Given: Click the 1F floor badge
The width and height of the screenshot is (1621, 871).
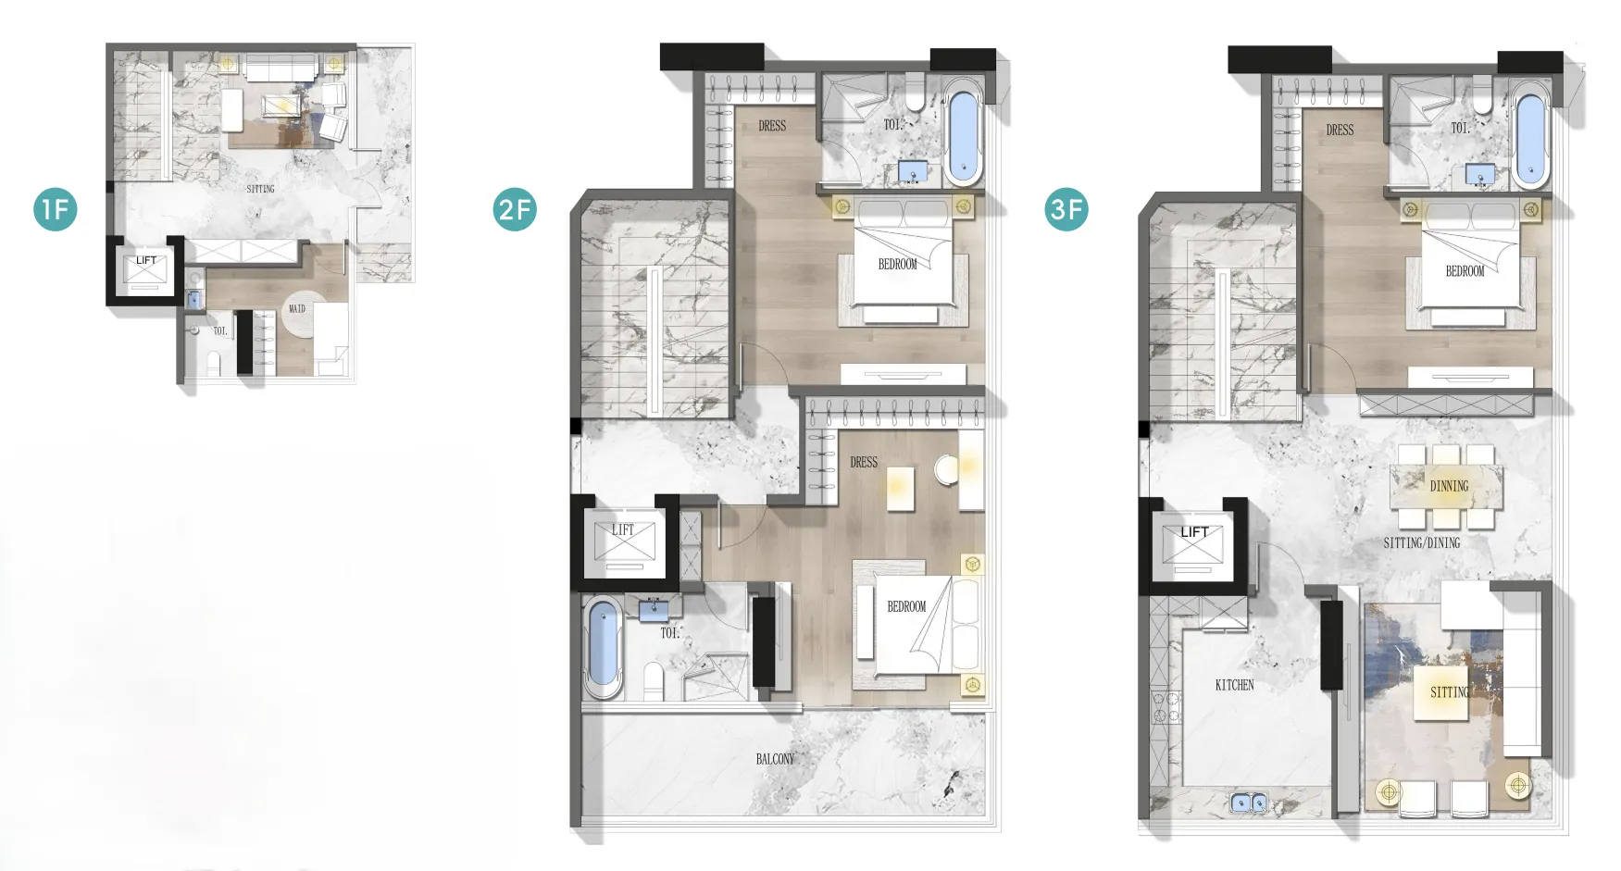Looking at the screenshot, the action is coord(56,209).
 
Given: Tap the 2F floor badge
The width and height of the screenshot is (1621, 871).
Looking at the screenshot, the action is coord(515,209).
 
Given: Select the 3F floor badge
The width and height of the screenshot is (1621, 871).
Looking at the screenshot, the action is coord(1066,209).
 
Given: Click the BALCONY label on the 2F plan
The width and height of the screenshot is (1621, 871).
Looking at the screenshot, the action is coord(775,759).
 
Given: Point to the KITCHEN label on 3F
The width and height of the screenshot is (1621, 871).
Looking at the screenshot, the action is coord(1234,685).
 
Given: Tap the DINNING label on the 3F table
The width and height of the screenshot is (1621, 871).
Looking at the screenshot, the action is coord(1449,486).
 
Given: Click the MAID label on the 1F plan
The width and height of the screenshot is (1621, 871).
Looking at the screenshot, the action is coord(297,308).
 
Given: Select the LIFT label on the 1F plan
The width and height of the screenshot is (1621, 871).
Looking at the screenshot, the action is coord(146,261).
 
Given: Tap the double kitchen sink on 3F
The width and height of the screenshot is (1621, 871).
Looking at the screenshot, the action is coord(1249,803).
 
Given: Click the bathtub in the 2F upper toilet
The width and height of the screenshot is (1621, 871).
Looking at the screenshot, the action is coord(964,132).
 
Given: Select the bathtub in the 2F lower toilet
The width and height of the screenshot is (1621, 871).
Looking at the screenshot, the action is coord(603,647).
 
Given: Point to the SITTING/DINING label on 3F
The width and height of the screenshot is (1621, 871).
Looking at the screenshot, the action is coord(1422,542).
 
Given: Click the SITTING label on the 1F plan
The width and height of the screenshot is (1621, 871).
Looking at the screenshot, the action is coord(260,189).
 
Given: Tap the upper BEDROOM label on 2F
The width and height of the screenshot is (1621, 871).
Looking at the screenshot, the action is coord(897,264).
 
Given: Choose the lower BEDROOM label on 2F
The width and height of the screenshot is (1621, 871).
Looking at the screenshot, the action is coord(906,606).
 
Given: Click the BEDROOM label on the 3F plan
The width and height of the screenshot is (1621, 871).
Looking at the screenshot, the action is coord(1465,271).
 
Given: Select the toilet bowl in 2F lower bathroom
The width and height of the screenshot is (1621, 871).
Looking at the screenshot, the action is coord(654,681).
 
